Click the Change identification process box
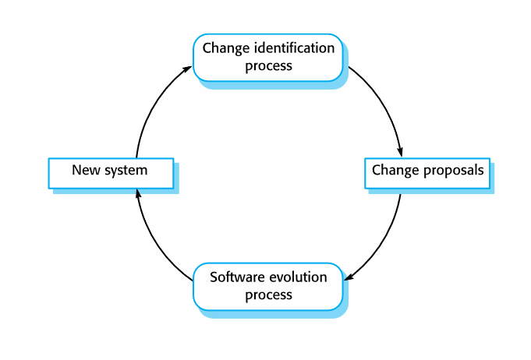[x=267, y=57]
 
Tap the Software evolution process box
[x=267, y=286]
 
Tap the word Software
[x=238, y=277]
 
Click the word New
[x=84, y=169]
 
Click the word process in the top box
[x=268, y=65]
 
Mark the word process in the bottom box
[x=268, y=295]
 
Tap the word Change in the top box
[x=222, y=48]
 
